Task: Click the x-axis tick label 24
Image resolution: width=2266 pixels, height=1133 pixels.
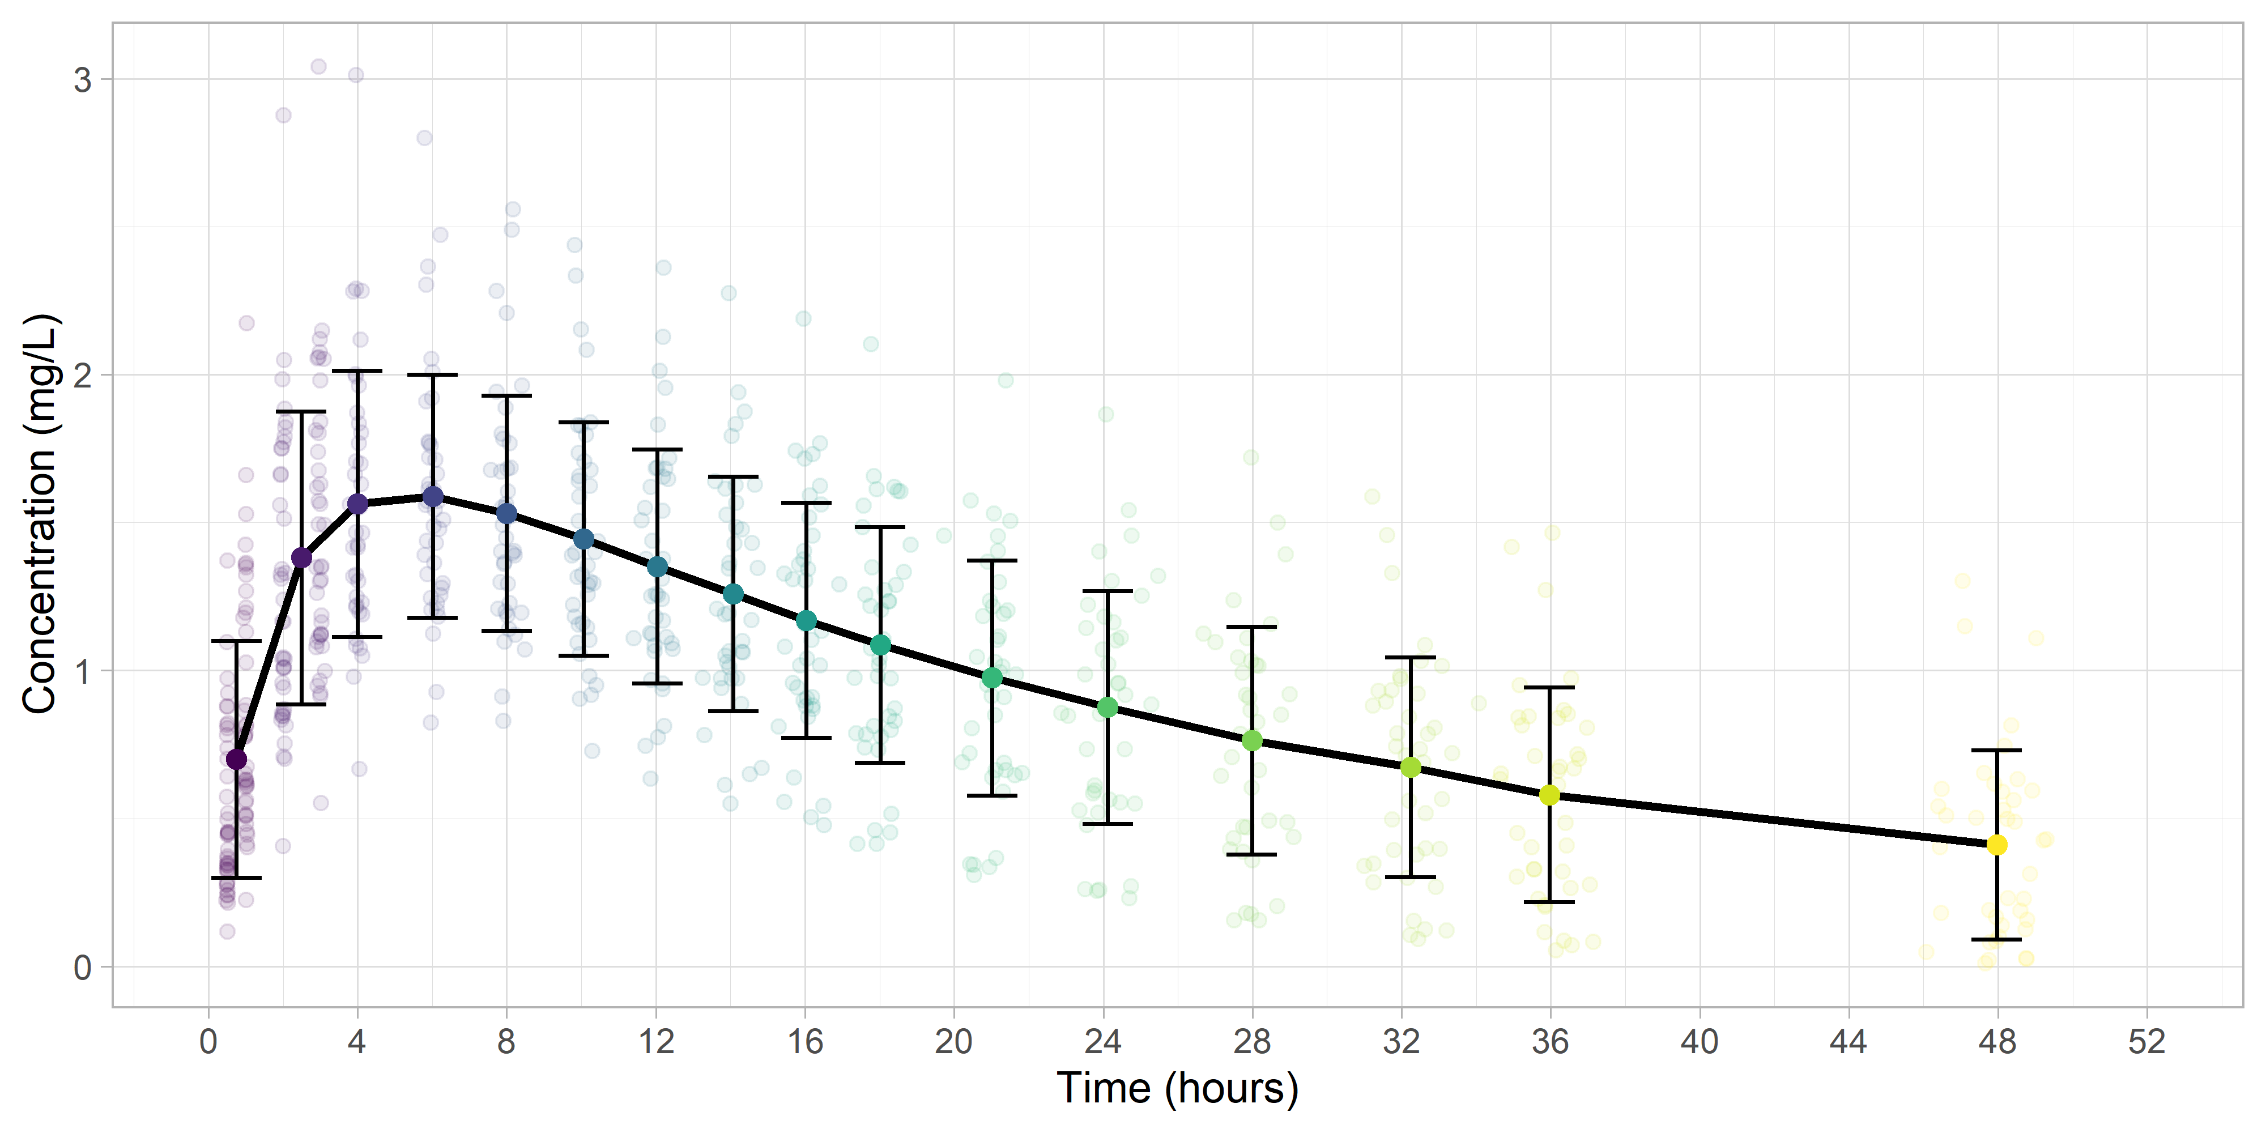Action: coord(1102,1042)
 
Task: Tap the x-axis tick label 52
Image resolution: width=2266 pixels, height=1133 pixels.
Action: coord(2146,1042)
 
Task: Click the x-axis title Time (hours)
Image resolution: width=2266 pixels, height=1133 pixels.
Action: coord(1177,1088)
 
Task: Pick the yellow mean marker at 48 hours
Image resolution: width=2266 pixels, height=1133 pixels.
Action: coord(1997,845)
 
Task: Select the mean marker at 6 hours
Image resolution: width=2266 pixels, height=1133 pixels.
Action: coord(433,497)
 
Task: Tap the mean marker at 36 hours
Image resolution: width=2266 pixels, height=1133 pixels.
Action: coord(1549,795)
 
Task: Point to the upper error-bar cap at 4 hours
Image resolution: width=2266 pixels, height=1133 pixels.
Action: coord(357,371)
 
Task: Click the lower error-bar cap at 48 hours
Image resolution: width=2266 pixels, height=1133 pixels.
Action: coord(1997,939)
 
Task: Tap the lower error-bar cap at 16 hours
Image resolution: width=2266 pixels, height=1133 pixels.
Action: coord(806,737)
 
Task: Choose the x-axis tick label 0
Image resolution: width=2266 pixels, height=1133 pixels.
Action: coord(208,1042)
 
